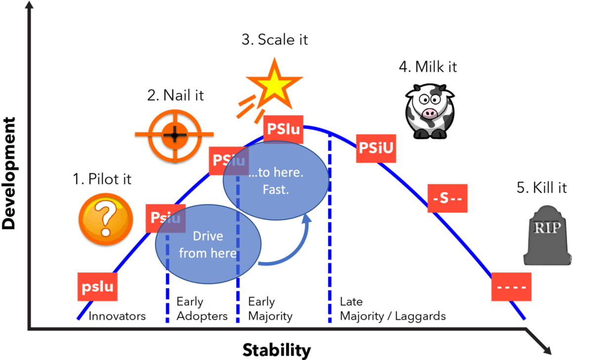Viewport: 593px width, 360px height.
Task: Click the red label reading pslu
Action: click(x=97, y=287)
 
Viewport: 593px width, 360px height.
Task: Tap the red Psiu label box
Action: click(x=163, y=218)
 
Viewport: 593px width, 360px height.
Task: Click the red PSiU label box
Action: click(x=376, y=148)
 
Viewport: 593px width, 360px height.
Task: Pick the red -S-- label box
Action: click(x=447, y=198)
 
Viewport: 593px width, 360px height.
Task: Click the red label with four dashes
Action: click(x=511, y=287)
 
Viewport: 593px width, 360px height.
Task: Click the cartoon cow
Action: click(x=429, y=111)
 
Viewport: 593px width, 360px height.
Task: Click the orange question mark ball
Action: click(x=106, y=219)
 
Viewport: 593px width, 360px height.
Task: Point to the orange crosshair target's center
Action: click(x=174, y=134)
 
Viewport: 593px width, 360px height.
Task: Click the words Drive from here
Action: click(x=208, y=244)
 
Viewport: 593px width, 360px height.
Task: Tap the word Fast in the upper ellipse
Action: click(x=276, y=189)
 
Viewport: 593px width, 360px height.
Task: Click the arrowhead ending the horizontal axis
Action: click(x=545, y=347)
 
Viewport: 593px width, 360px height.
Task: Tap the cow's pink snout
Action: click(x=429, y=114)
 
